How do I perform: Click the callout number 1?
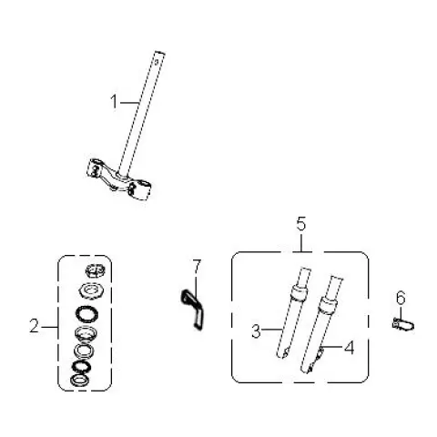(x=114, y=102)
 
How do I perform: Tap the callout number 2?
(x=35, y=326)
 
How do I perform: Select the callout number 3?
(x=256, y=330)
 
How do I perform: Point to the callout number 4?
(x=350, y=347)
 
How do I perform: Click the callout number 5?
(x=301, y=224)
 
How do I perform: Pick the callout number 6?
(x=401, y=298)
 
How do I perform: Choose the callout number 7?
(x=197, y=267)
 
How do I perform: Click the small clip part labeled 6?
(x=403, y=324)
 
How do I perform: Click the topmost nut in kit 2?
(x=96, y=270)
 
